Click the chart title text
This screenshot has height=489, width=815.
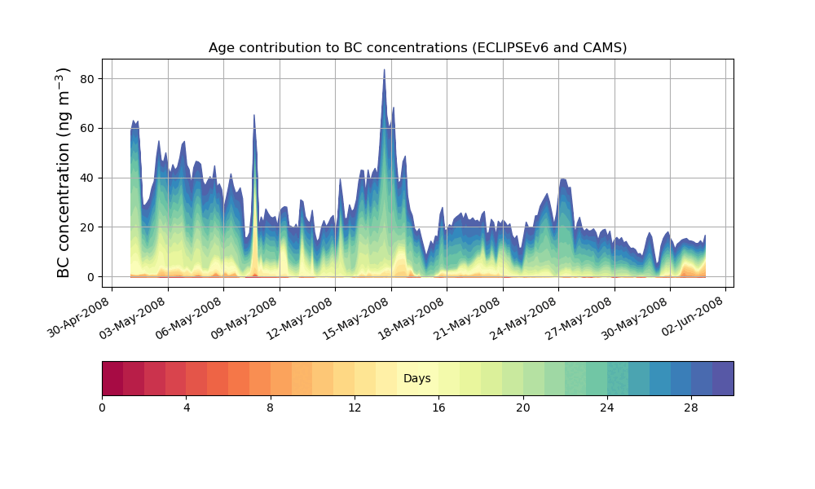(x=417, y=47)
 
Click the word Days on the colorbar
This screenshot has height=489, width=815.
(x=417, y=379)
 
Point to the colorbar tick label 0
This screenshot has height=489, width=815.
(x=102, y=407)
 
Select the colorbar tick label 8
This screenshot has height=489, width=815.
(x=271, y=407)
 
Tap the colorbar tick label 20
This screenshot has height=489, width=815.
(x=523, y=407)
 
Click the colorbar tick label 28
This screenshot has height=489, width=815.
(x=691, y=407)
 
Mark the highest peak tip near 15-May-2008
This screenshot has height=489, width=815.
(x=384, y=70)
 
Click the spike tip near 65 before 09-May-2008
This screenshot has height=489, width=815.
(x=254, y=115)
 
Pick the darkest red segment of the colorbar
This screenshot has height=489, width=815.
(x=112, y=378)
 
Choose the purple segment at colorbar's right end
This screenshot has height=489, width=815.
(x=723, y=378)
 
